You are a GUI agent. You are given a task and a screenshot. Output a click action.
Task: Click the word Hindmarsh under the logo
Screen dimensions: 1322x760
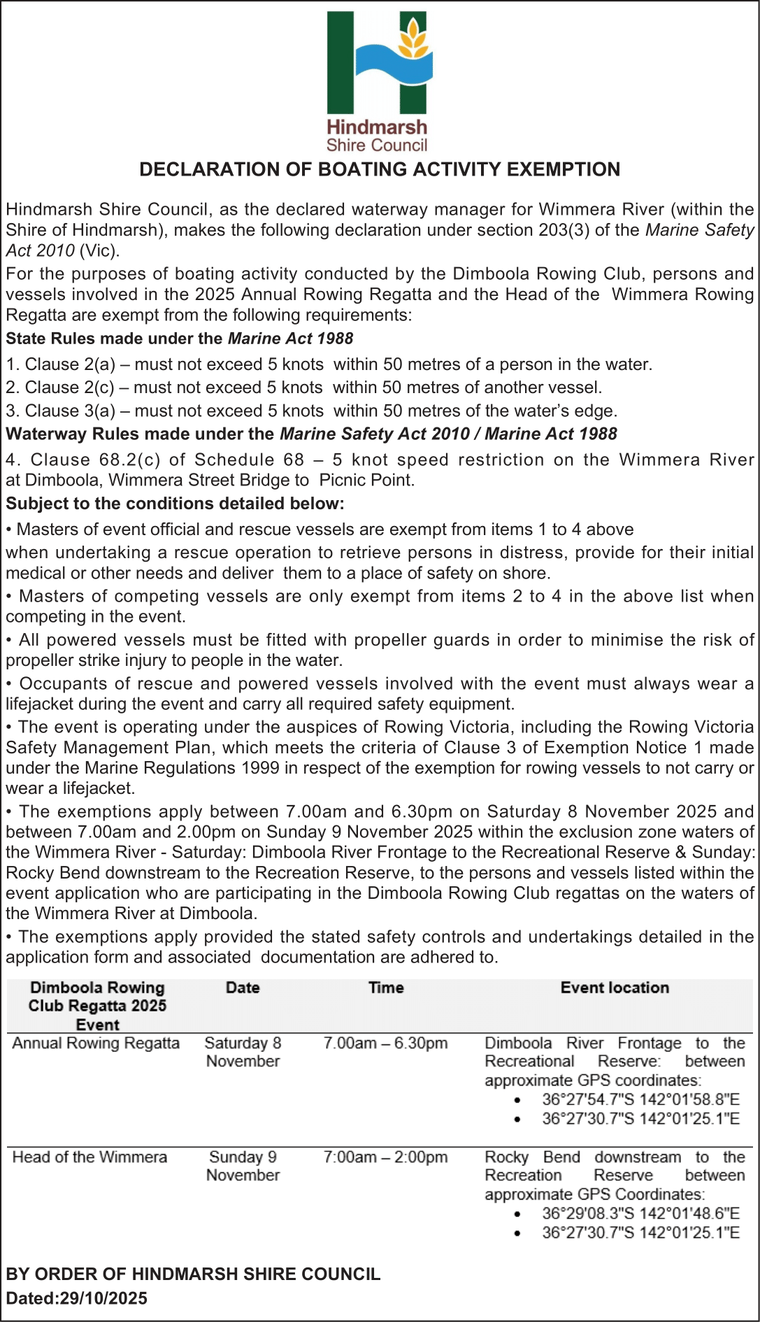(376, 127)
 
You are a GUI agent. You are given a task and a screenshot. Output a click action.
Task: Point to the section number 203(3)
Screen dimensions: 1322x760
(564, 230)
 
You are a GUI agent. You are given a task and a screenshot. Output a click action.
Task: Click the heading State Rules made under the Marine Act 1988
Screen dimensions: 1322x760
(180, 339)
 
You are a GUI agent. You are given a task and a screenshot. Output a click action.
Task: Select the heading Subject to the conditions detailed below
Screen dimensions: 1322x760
(175, 504)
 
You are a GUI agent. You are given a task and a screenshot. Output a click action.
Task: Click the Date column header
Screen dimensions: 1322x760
(243, 988)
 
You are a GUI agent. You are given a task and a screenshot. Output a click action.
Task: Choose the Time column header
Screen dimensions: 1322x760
(386, 988)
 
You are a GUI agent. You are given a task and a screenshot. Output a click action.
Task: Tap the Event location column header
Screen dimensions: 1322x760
(615, 988)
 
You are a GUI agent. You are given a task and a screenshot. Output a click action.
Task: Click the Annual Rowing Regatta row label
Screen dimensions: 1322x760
(96, 1043)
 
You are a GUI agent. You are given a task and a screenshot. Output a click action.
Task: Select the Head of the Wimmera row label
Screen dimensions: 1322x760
(89, 1157)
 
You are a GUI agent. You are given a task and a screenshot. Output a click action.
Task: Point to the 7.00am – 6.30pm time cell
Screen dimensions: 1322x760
(385, 1043)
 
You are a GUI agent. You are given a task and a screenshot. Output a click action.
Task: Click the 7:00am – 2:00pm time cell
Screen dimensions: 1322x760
(385, 1157)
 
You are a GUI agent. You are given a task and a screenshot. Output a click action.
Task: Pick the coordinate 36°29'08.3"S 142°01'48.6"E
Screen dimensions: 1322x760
(640, 1214)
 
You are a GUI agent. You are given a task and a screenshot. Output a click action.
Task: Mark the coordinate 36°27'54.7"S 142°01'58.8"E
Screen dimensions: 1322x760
(640, 1100)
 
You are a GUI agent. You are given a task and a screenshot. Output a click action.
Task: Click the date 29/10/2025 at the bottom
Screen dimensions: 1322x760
(103, 1298)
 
